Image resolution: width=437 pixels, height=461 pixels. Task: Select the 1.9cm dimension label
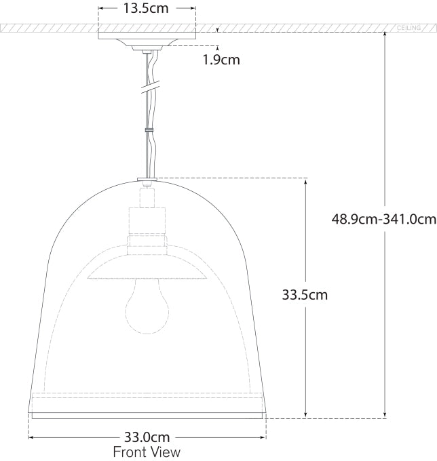(x=221, y=59)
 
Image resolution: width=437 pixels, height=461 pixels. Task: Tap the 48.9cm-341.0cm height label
(x=383, y=219)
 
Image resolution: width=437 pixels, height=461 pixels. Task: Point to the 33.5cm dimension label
(x=305, y=295)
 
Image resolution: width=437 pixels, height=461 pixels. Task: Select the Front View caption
(x=147, y=452)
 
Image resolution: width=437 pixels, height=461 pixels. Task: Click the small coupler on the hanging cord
(x=147, y=128)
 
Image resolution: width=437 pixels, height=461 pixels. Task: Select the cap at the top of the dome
(x=147, y=180)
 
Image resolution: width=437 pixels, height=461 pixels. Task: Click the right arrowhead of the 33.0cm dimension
(x=263, y=437)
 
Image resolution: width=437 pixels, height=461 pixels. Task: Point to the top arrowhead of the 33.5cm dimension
(x=305, y=182)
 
